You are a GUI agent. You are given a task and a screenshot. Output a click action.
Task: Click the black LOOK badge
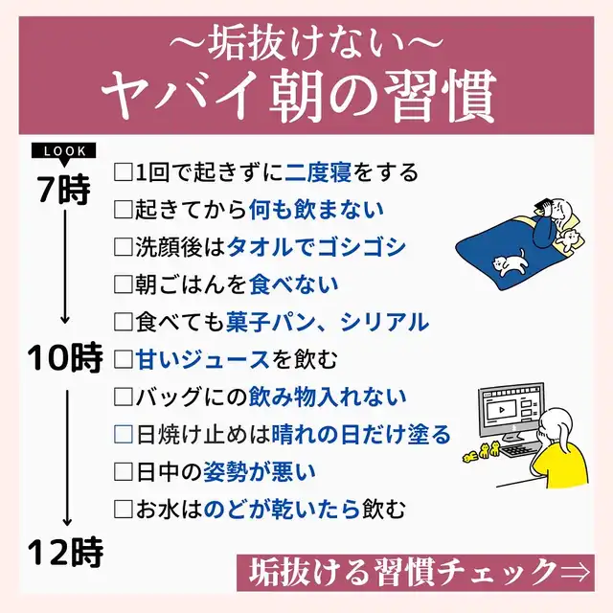point(64,151)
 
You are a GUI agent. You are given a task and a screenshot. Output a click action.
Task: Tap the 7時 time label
point(64,188)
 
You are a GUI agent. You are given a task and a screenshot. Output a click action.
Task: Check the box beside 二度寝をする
point(122,173)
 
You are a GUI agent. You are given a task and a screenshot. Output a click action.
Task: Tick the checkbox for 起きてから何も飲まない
point(122,210)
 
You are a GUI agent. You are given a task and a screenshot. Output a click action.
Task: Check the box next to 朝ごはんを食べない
point(122,284)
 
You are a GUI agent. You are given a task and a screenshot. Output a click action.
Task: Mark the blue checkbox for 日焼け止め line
point(122,434)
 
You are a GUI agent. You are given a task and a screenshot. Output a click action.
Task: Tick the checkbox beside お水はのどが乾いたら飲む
point(122,509)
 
